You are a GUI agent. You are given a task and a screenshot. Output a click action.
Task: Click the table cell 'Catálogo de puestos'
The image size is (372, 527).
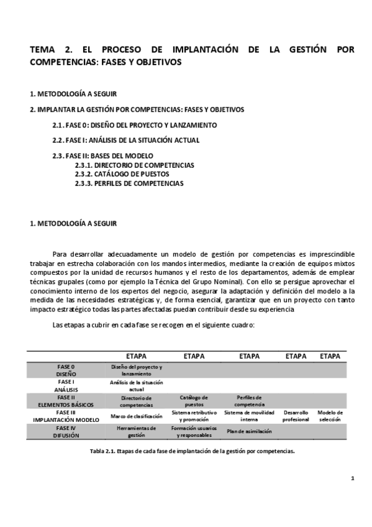pyautogui.click(x=194, y=401)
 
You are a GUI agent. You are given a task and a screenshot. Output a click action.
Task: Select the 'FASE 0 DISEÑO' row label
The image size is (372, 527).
pyautogui.click(x=65, y=370)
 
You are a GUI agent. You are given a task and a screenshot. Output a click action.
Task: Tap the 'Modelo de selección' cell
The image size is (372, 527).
pyautogui.click(x=330, y=416)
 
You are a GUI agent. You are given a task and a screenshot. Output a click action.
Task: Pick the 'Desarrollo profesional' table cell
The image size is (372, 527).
pyautogui.click(x=296, y=416)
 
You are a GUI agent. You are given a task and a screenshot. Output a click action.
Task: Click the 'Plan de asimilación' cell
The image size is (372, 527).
pyautogui.click(x=248, y=431)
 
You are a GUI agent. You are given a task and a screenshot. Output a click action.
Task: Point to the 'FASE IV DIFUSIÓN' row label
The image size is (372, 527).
pyautogui.click(x=65, y=431)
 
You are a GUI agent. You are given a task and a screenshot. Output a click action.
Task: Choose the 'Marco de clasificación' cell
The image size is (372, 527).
pyautogui.click(x=136, y=416)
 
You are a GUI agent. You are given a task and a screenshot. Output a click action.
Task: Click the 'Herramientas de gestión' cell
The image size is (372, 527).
pyautogui.click(x=136, y=431)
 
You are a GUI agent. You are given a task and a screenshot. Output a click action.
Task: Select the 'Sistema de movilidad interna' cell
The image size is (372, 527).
pyautogui.click(x=248, y=416)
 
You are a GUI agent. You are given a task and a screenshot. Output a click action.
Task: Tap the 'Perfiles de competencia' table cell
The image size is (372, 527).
pyautogui.click(x=248, y=401)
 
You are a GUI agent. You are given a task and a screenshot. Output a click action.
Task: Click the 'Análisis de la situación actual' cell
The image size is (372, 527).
pyautogui.click(x=136, y=385)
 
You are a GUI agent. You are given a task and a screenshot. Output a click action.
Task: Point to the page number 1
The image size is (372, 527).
pyautogui.click(x=352, y=478)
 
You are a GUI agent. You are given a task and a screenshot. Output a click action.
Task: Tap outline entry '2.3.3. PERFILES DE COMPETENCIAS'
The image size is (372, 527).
pyautogui.click(x=129, y=183)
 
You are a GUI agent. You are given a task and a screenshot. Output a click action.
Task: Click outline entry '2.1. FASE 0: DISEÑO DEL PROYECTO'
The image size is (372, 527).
pyautogui.click(x=134, y=125)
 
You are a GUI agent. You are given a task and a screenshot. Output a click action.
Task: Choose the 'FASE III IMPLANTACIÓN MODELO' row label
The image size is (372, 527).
pyautogui.click(x=65, y=416)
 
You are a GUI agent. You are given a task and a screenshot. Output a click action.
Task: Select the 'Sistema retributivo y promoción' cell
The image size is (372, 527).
pyautogui.click(x=194, y=416)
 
